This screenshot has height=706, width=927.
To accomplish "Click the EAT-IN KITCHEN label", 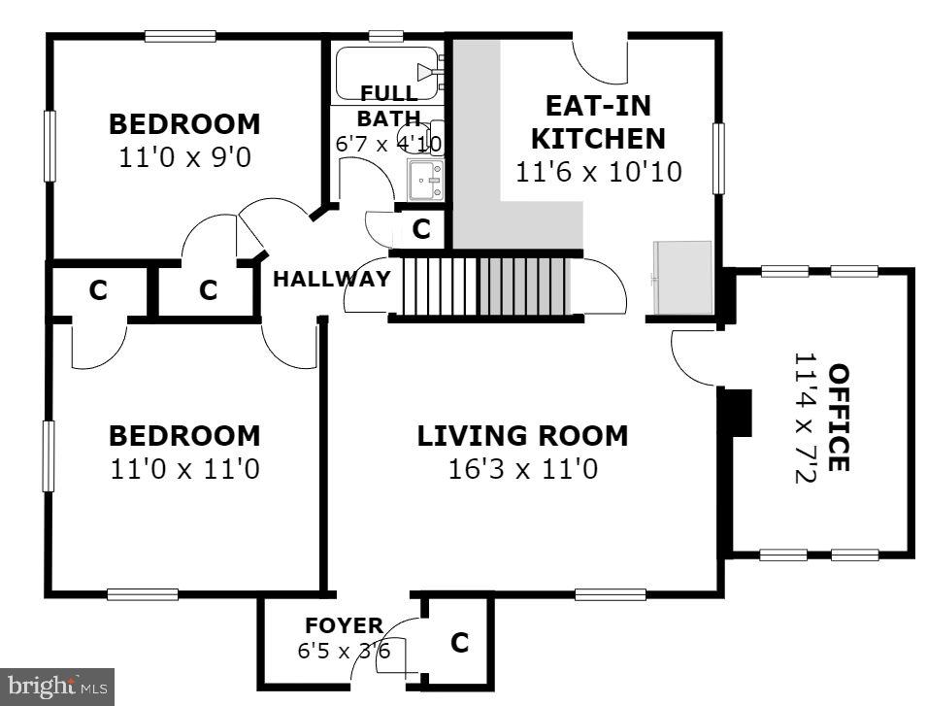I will [597, 121].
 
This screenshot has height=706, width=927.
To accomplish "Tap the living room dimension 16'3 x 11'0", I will [522, 470].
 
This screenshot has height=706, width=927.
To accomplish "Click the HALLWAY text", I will [332, 279].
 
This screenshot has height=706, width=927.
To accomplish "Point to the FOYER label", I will [344, 624].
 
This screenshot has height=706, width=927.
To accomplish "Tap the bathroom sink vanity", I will [425, 181].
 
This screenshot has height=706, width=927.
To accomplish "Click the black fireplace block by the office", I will [739, 412].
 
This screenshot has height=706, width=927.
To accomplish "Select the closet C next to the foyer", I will [459, 642].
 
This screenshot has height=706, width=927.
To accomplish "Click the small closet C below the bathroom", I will [421, 229].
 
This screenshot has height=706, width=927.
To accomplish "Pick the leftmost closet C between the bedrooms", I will [97, 289].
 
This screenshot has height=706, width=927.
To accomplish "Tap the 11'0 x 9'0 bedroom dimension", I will [184, 156].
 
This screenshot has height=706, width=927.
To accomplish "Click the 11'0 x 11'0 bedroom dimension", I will [184, 470].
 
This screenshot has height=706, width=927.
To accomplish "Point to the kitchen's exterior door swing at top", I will [602, 60].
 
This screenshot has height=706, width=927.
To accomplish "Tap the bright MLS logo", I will [56, 687].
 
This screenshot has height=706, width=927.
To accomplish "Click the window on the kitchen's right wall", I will [719, 158].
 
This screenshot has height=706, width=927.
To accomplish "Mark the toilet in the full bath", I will [433, 136].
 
